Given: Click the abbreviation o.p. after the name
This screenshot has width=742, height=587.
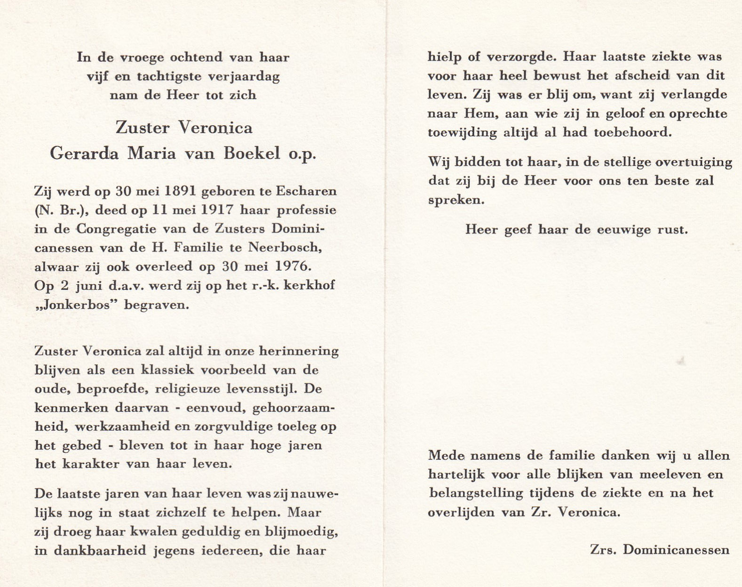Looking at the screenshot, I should tap(302, 154).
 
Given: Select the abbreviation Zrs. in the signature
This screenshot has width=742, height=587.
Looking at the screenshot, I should tap(603, 550).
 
